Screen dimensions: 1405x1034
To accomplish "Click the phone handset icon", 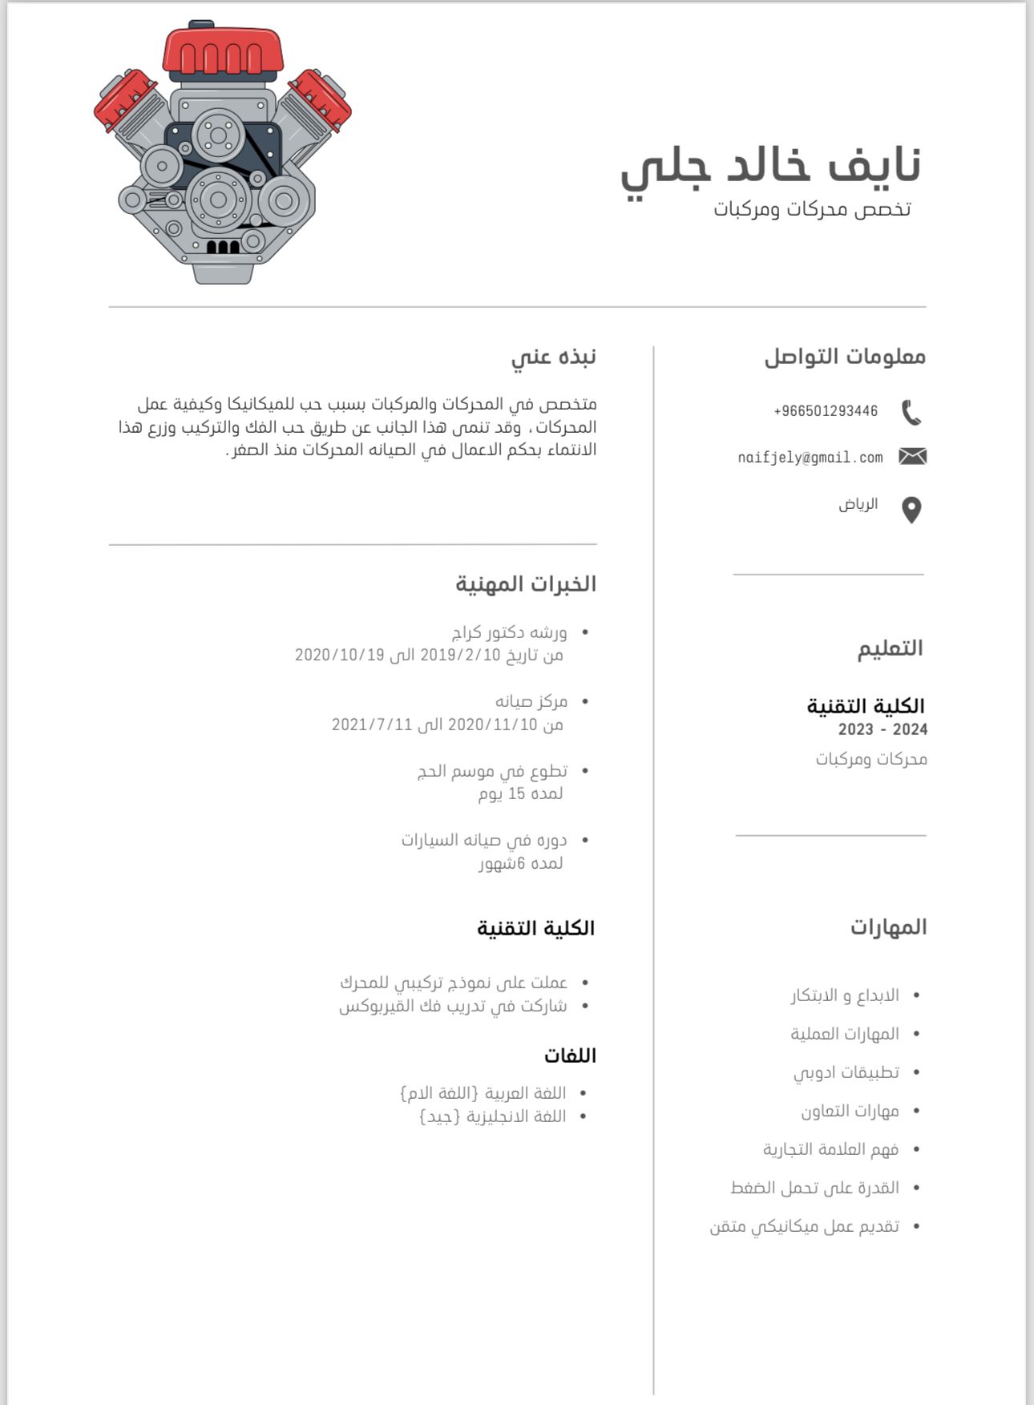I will [x=911, y=413].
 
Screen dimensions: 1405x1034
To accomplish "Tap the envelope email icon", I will [x=912, y=457].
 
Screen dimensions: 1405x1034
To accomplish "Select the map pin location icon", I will [x=911, y=510].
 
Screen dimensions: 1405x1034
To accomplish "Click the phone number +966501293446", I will [x=826, y=411].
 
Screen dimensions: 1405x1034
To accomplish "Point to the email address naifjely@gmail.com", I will [x=810, y=458].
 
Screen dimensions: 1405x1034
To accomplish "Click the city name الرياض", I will [x=858, y=504].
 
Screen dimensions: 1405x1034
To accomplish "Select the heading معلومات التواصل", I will [x=845, y=357].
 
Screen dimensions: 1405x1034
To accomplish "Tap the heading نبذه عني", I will [x=554, y=357].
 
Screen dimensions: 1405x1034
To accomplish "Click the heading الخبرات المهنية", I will [x=526, y=583].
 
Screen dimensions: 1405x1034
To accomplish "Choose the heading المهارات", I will [x=888, y=927].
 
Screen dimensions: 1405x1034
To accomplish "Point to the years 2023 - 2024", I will [x=883, y=729].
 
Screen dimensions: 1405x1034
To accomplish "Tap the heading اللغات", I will [x=570, y=1056].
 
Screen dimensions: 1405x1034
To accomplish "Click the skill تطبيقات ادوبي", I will [x=846, y=1072].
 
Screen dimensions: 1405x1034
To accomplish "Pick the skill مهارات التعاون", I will [x=850, y=1111].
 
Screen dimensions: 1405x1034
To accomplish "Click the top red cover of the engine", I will [x=223, y=50].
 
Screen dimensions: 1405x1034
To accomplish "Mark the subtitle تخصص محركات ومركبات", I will [x=812, y=209].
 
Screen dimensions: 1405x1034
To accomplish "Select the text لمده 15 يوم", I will [x=521, y=793].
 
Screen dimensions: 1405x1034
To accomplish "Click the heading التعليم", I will [x=890, y=648].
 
